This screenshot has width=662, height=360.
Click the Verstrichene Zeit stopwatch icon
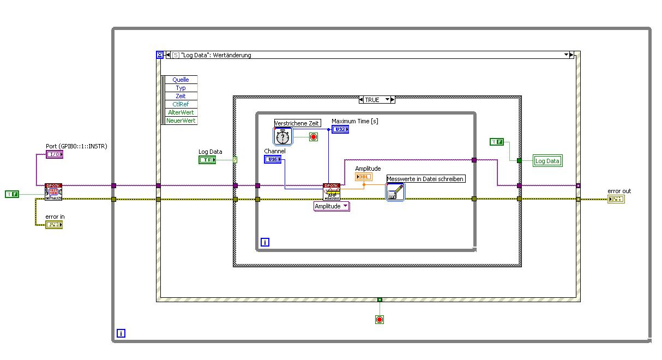(x=283, y=136)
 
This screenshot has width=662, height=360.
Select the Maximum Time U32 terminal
(x=340, y=129)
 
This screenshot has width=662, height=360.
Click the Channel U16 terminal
(x=272, y=159)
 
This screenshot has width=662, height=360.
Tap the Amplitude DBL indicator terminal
(x=364, y=177)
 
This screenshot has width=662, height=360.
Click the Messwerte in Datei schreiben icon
(x=395, y=192)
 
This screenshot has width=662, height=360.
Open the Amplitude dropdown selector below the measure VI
(x=332, y=206)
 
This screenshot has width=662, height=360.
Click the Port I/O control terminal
(x=55, y=154)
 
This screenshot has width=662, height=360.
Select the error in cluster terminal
(x=54, y=224)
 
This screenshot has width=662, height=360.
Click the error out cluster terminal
(x=616, y=199)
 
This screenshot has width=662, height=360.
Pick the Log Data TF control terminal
(x=207, y=160)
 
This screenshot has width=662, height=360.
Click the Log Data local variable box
(x=547, y=161)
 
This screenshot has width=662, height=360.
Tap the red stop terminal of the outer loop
(x=380, y=319)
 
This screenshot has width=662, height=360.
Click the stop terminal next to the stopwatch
(x=314, y=136)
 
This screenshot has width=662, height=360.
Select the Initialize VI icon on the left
(x=53, y=192)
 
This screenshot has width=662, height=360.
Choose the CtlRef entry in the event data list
(x=180, y=104)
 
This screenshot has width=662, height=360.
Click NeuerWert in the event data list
(x=180, y=121)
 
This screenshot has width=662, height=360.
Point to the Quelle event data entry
(x=180, y=80)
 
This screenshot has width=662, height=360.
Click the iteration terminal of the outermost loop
(x=121, y=333)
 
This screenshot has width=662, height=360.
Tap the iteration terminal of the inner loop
(x=264, y=242)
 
